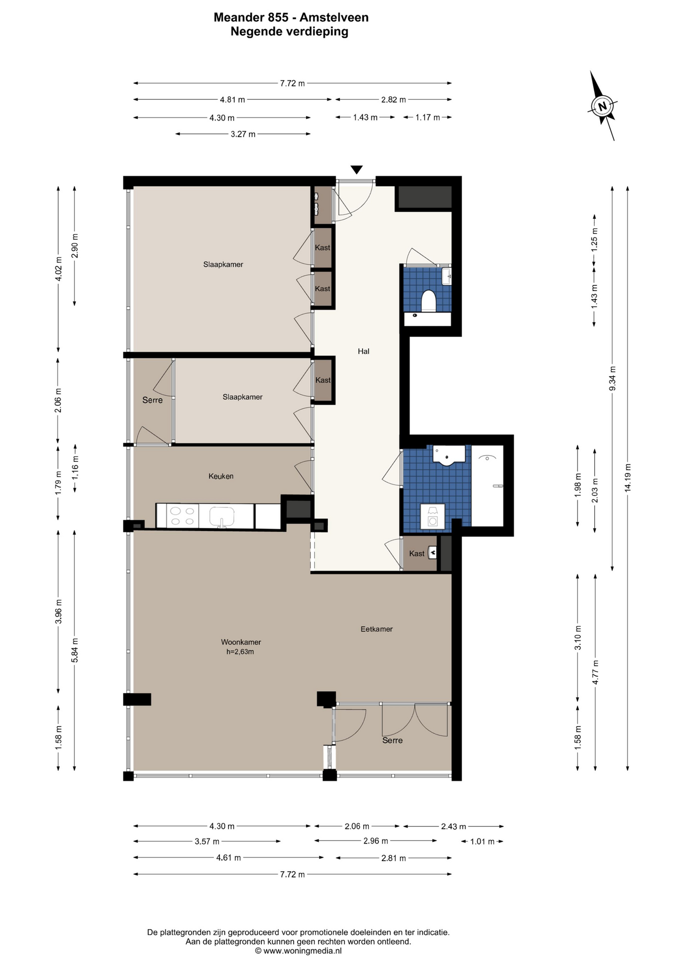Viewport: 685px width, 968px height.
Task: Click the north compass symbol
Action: point(602,106)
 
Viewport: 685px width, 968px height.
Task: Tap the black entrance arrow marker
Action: point(357,170)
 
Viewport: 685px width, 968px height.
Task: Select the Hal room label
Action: point(364,351)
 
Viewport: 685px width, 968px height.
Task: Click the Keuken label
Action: point(221,476)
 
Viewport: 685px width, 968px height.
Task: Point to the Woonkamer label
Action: point(241,642)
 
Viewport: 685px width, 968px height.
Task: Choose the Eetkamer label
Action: point(377,629)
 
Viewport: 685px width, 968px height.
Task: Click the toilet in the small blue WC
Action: point(429,300)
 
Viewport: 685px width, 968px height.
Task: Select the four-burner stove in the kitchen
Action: point(182,516)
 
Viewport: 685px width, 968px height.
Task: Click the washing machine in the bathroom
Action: point(432,516)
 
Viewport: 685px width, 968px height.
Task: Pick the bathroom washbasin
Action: point(448,455)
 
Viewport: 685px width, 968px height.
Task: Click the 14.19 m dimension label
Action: point(627,477)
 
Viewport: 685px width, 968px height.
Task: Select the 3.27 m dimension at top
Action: point(243,134)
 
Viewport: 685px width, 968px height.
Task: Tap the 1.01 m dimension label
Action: point(483,841)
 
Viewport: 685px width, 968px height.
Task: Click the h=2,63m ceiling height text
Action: point(240,651)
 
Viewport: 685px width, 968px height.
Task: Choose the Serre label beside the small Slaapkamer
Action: point(152,400)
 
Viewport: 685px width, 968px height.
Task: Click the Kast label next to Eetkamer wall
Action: point(417,554)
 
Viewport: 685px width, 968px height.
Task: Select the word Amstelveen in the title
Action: point(334,18)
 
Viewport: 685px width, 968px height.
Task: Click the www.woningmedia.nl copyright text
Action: point(299,951)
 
